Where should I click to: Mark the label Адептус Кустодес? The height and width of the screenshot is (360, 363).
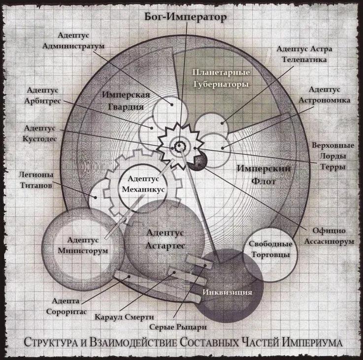click(x=40, y=132)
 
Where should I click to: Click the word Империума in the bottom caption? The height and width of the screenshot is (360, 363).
click(x=309, y=343)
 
